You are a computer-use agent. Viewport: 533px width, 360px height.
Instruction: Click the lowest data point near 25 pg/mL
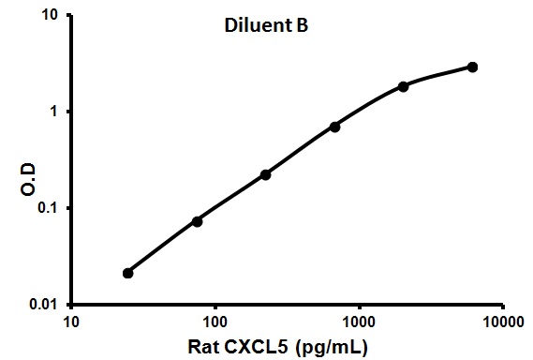(128, 273)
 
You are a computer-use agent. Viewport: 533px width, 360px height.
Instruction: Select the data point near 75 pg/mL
(197, 221)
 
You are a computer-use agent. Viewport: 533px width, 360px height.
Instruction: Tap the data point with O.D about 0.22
(265, 174)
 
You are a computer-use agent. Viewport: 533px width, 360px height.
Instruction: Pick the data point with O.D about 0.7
(334, 127)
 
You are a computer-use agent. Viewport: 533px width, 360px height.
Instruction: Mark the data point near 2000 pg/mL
(403, 86)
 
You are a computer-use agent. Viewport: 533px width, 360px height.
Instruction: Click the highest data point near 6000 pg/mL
(472, 67)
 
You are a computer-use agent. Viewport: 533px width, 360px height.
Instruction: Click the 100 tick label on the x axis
(215, 322)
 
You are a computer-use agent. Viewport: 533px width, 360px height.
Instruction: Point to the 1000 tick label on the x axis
(359, 322)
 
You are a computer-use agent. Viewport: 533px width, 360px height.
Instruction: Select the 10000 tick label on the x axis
(502, 322)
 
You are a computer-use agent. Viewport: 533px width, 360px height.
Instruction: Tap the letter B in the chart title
(303, 27)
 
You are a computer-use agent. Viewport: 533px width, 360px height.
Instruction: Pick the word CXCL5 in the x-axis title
(259, 347)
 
